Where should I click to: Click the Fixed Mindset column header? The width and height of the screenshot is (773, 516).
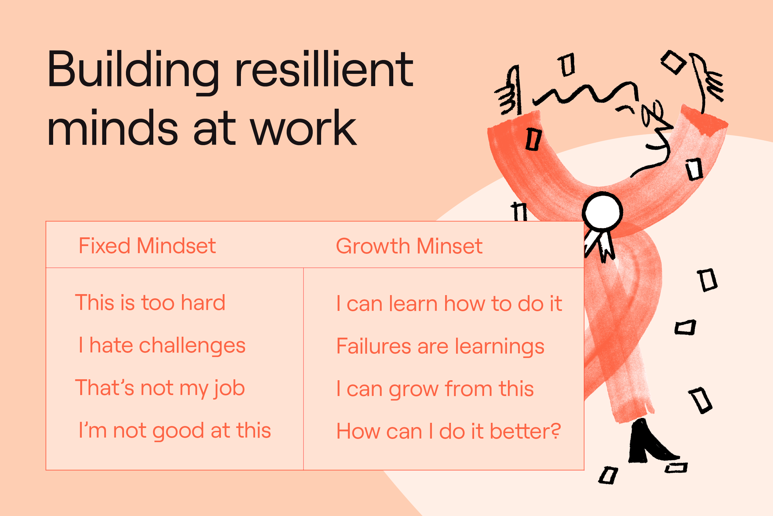click(x=147, y=246)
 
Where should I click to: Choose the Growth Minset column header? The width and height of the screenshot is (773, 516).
click(x=409, y=246)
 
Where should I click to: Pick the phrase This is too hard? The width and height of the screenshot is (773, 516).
click(x=150, y=303)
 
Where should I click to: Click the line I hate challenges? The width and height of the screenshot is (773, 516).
click(x=162, y=346)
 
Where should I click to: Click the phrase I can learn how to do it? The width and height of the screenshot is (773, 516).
click(x=449, y=303)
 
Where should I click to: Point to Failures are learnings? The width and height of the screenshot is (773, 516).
click(x=440, y=347)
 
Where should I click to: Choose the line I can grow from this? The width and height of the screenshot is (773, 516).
click(x=435, y=389)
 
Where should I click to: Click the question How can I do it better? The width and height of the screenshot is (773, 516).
click(x=449, y=431)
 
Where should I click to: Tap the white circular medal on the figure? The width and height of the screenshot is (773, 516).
click(x=602, y=211)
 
